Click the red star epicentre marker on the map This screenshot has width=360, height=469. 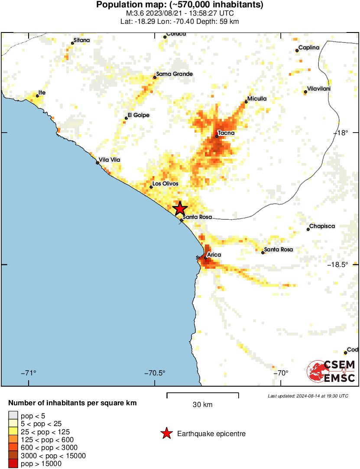point(180,209)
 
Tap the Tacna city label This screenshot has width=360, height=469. point(226,133)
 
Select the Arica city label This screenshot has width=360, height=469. point(214,254)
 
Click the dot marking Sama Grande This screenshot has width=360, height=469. point(155,78)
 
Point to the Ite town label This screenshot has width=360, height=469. point(42,92)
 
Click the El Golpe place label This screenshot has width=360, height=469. point(138,115)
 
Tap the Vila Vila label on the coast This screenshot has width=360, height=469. point(110,160)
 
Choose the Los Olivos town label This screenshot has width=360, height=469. point(165,184)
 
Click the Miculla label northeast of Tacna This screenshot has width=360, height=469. point(257,98)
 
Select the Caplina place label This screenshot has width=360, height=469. point(309,47)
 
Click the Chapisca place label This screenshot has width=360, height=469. point(322,226)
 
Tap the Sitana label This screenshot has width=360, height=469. point(82,40)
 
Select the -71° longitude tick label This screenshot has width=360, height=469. point(29,373)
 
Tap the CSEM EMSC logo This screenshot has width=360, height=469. point(331,372)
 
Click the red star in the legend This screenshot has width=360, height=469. point(166,433)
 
